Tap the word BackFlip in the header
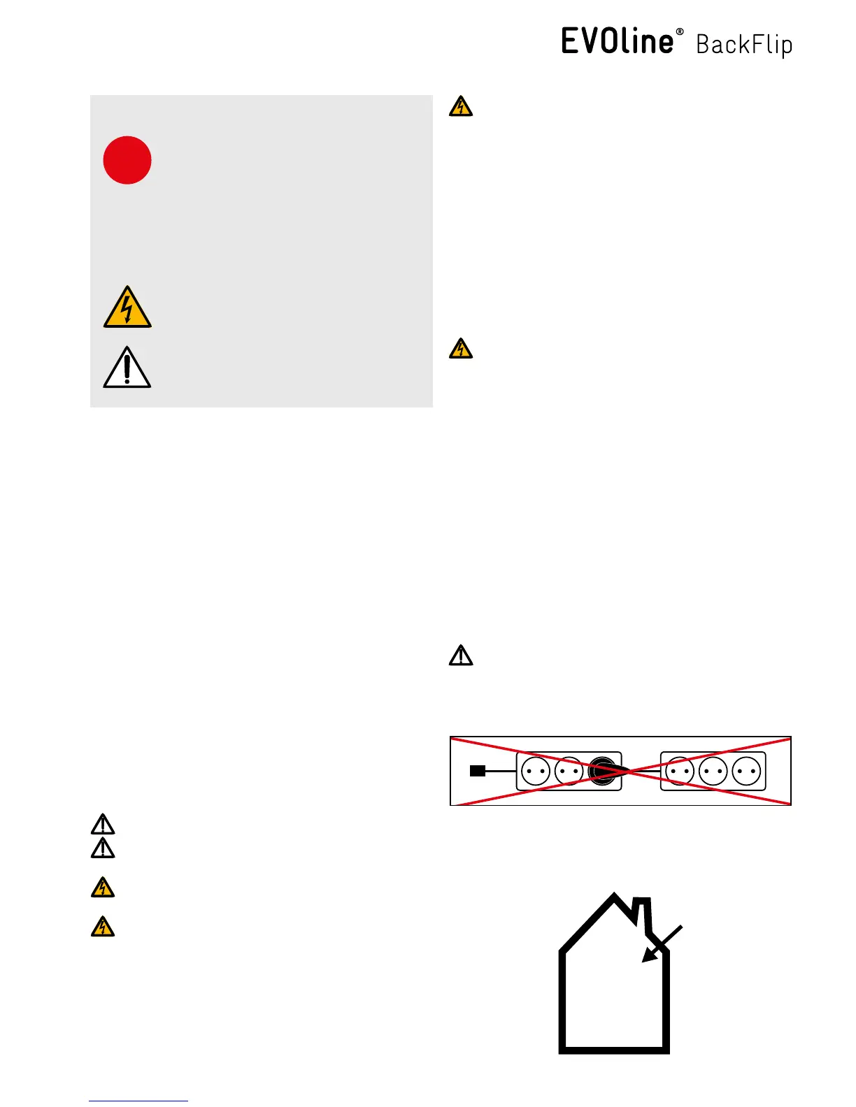[744, 45]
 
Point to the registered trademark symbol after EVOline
[680, 32]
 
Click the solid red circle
[127, 160]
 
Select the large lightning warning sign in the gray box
[127, 308]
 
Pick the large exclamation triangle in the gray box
[127, 368]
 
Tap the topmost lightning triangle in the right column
[461, 107]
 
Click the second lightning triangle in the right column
[461, 349]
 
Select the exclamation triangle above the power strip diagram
[461, 656]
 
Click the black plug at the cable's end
[478, 771]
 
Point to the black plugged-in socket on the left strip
[602, 771]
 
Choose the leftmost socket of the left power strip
[536, 772]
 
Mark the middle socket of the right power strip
[713, 772]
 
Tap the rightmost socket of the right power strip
[746, 772]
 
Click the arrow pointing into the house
[660, 945]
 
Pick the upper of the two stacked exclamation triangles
[103, 825]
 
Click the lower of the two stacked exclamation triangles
[103, 848]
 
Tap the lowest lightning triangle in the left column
[103, 927]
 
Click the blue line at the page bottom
[138, 1101]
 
